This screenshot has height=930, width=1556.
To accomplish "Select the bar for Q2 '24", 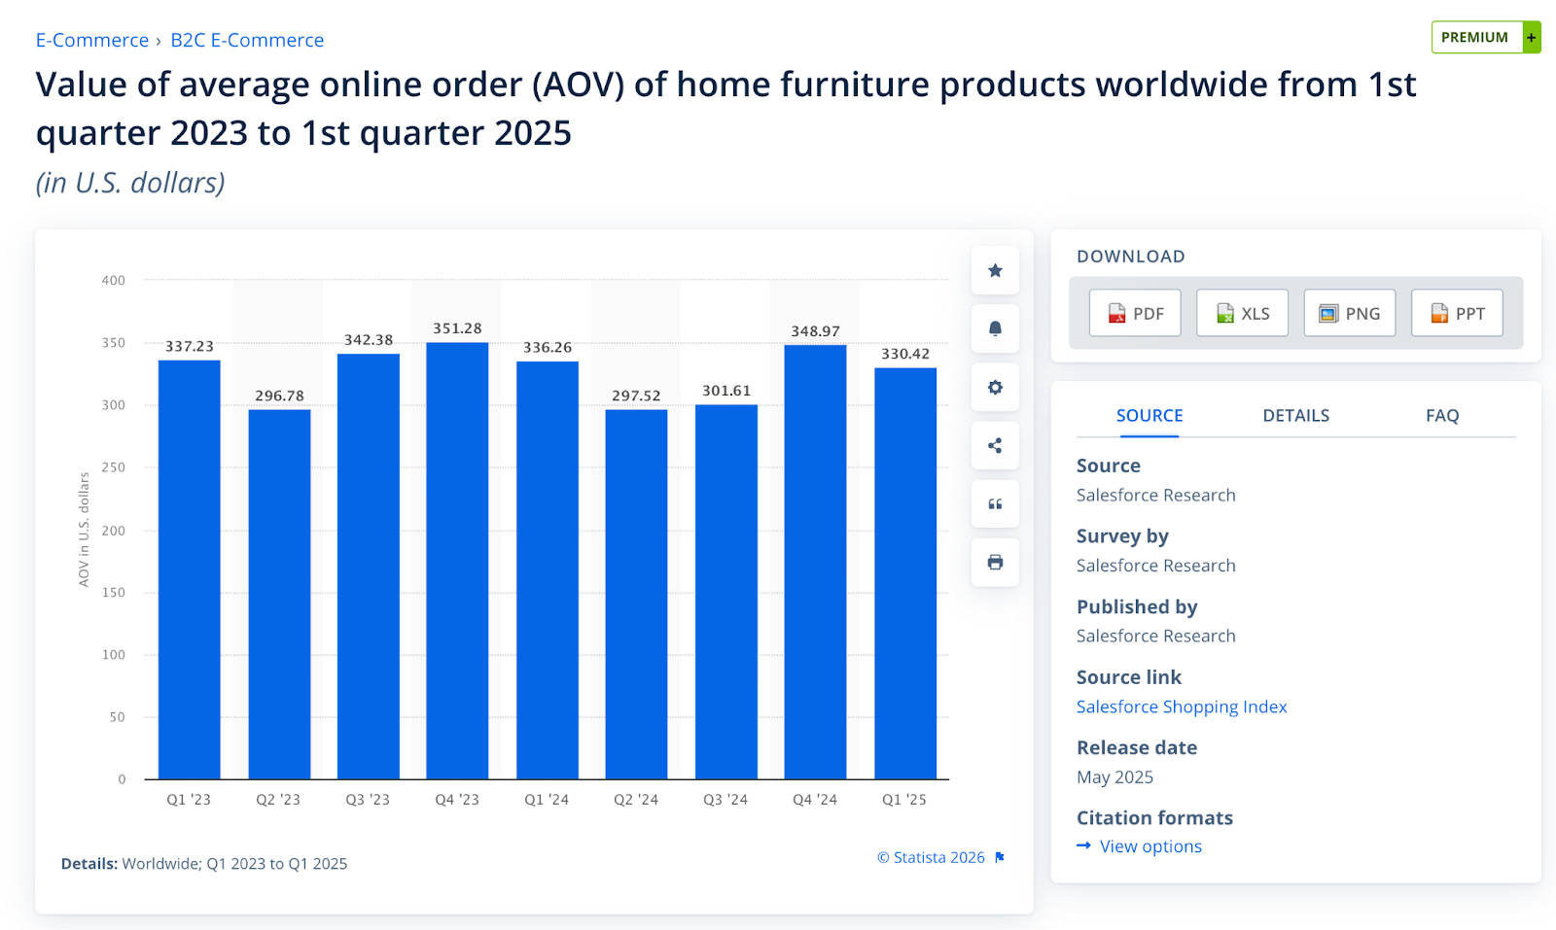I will pos(636,594).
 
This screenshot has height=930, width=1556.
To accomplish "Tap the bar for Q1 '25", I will pos(905,573).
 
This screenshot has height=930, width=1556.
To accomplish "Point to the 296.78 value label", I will pos(279,396).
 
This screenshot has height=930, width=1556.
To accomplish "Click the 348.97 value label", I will pos(815,331).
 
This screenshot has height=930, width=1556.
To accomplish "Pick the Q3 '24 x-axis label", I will pos(725,800).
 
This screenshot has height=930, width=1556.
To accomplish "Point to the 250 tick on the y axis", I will pos(114,467).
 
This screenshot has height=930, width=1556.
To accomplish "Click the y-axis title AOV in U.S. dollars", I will pos(84,530).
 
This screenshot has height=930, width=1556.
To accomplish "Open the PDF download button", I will pos(1135,313).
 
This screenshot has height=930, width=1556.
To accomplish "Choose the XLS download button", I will pos(1242,313).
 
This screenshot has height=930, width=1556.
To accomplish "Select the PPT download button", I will pos(1457,313).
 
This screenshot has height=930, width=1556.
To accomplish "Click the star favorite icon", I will pos(995,271).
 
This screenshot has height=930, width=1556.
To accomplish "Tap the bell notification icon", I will pos(995,328).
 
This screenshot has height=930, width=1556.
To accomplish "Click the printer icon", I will pos(995,563).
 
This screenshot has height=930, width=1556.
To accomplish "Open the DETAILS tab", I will pos(1295,416).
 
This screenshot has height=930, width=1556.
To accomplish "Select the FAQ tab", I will pos(1442,416).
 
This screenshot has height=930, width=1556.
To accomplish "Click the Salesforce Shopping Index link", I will pos(1182,706).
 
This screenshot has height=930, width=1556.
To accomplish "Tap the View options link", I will pos(1150,846).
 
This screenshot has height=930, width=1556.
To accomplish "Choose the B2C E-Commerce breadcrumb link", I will pos(247,40).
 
